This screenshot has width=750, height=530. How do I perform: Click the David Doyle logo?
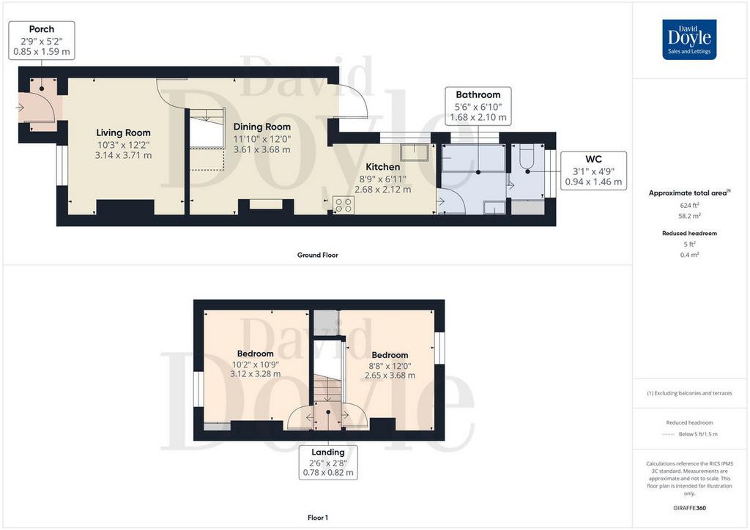pos(689,40)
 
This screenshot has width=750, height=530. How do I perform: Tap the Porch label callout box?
pos(42,40)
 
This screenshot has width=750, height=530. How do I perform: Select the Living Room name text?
pos(123,132)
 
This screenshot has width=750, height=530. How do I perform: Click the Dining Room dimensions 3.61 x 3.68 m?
pos(261,149)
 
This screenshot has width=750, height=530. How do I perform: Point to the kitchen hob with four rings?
pos(344,206)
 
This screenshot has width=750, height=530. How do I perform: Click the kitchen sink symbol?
pos(415,152)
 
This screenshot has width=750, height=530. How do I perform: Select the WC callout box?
pos(593,171)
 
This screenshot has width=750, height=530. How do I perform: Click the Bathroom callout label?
pos(478,106)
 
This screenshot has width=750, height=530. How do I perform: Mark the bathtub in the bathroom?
pos(474,158)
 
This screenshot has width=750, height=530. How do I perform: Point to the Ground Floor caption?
pos(318,255)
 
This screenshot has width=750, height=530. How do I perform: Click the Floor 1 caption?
pos(318,518)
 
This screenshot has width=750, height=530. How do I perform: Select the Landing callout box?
pos(328,462)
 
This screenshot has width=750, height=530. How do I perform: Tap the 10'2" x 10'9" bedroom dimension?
pos(256,364)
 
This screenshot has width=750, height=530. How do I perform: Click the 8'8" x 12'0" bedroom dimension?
pos(390,365)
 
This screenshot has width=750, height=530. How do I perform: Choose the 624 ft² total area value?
pos(689,205)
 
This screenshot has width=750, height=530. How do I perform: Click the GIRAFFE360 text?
pos(689,508)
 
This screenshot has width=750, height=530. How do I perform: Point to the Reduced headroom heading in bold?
pos(689,234)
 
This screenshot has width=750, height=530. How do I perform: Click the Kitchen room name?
pos(382,167)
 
